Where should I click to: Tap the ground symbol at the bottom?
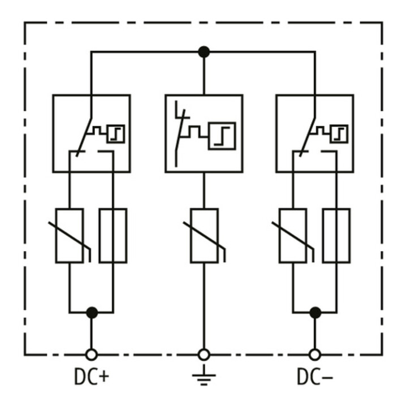tap(203, 375)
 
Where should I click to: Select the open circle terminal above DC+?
tap(92, 354)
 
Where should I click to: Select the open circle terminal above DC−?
tap(315, 354)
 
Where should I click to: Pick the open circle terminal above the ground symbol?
tap(203, 354)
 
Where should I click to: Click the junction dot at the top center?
tap(203, 52)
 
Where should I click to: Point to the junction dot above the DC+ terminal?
tap(92, 313)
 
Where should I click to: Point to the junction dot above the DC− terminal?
tap(315, 313)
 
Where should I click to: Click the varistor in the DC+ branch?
tap(70, 236)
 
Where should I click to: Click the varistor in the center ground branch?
tap(204, 236)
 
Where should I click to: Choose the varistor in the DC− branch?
tap(293, 236)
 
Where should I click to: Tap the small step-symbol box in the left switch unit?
tap(116, 134)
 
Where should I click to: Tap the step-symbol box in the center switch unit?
tap(222, 136)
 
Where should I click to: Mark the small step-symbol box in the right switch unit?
tap(339, 134)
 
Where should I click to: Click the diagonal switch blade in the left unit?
tap(84, 137)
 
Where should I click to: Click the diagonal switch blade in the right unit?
tap(308, 137)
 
